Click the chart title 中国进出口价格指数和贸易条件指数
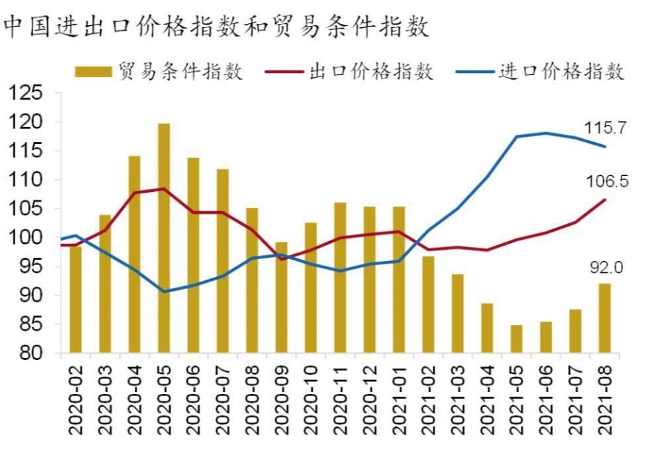pos(216,27)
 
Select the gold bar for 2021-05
pos(516,339)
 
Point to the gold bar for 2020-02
pos(76,299)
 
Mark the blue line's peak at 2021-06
pos(546,133)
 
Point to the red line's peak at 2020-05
pos(163,189)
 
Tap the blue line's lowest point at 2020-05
pos(163,291)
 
